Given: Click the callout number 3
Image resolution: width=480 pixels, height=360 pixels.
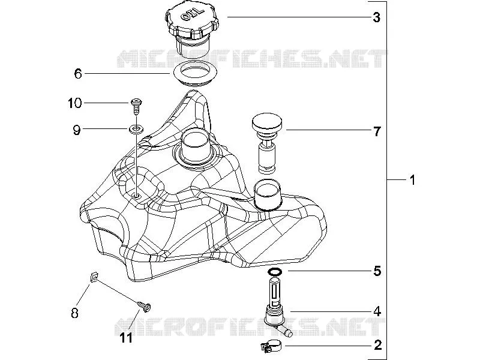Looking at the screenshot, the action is point(377,17).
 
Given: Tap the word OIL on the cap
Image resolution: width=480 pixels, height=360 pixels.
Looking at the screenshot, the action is point(192,14).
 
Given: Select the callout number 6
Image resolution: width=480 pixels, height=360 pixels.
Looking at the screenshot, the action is point(78,74).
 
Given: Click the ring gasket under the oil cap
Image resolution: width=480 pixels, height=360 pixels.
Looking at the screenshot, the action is point(195,74).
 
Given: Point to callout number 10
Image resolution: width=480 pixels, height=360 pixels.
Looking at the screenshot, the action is point(74,103).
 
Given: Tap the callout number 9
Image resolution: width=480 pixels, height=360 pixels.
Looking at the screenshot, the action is point(77,130).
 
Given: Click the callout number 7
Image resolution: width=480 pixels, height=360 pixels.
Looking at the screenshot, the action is point(377,131).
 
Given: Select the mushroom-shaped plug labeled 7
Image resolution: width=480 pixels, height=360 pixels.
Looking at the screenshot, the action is point(266,143).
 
